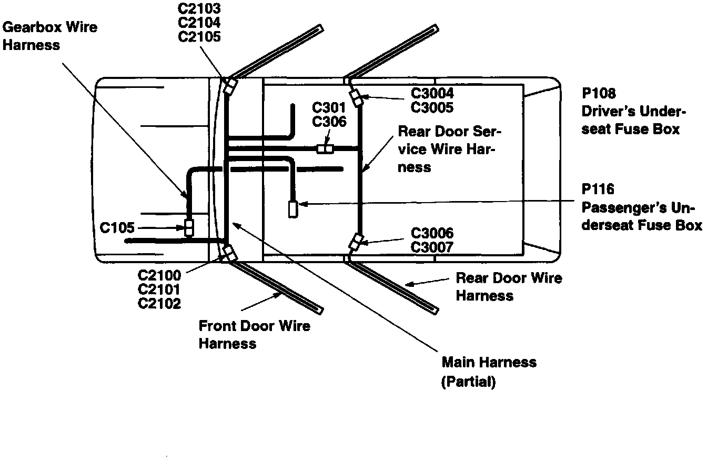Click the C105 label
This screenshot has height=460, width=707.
(x=117, y=228)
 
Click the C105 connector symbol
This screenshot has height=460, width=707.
(x=189, y=227)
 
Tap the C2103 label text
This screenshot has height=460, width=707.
(x=199, y=9)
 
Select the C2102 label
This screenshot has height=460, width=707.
(x=159, y=303)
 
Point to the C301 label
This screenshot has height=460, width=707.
(x=329, y=108)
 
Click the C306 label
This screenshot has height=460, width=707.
(x=329, y=122)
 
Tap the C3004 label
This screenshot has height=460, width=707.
(x=432, y=94)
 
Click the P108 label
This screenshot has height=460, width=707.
(x=599, y=94)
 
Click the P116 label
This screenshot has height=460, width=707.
(x=599, y=189)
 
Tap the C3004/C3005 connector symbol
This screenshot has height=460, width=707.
(x=357, y=98)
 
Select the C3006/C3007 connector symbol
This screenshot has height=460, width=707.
(x=356, y=242)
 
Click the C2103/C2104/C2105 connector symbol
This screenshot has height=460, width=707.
(x=230, y=86)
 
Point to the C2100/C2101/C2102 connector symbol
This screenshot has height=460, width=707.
(x=229, y=253)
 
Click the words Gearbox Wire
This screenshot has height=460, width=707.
(x=50, y=27)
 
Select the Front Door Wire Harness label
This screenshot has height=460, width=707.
(x=254, y=334)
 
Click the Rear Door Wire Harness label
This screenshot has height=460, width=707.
(x=509, y=286)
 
